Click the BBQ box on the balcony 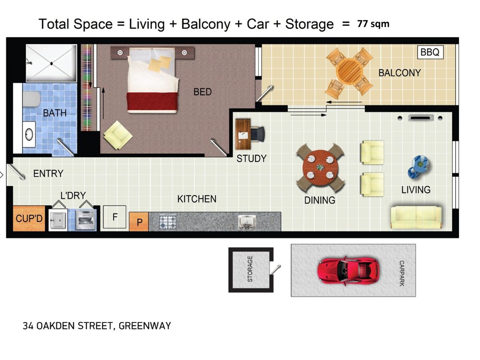point(430,52)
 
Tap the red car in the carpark point(348,271)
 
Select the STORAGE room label point(250,269)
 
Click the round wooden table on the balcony point(349,71)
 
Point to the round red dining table point(320,168)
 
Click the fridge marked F point(114,217)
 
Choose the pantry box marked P point(139,222)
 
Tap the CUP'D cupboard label point(29,218)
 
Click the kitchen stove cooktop point(168,222)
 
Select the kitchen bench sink point(247,222)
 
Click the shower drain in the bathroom point(51,64)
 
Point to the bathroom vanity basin point(29,134)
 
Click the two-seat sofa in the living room point(416,217)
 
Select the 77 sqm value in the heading point(373,24)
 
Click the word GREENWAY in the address point(144,326)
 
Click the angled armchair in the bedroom point(118,135)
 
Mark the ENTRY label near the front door point(48,174)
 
